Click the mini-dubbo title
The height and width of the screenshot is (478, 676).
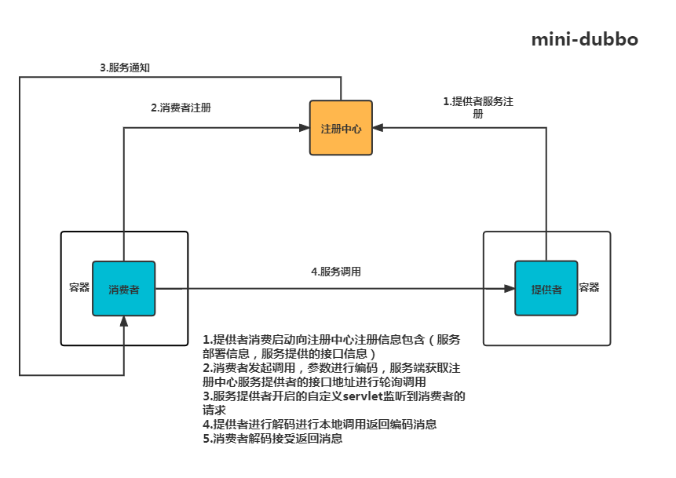(x=584, y=39)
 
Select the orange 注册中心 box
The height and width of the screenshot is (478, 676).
(x=341, y=128)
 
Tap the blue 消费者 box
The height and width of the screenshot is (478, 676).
(x=124, y=289)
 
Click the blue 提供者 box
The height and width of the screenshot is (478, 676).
(x=546, y=289)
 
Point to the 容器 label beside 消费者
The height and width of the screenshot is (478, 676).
(x=79, y=287)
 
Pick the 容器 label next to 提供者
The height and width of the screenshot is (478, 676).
(x=589, y=287)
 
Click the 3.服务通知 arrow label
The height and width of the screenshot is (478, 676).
(x=125, y=68)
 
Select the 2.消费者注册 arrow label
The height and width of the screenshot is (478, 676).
(x=181, y=108)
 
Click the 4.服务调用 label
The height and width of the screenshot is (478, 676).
(x=336, y=272)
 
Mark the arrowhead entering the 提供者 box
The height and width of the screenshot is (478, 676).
(x=510, y=289)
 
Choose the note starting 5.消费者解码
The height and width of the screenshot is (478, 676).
(x=272, y=439)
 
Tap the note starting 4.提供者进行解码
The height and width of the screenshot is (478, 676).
(x=319, y=425)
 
